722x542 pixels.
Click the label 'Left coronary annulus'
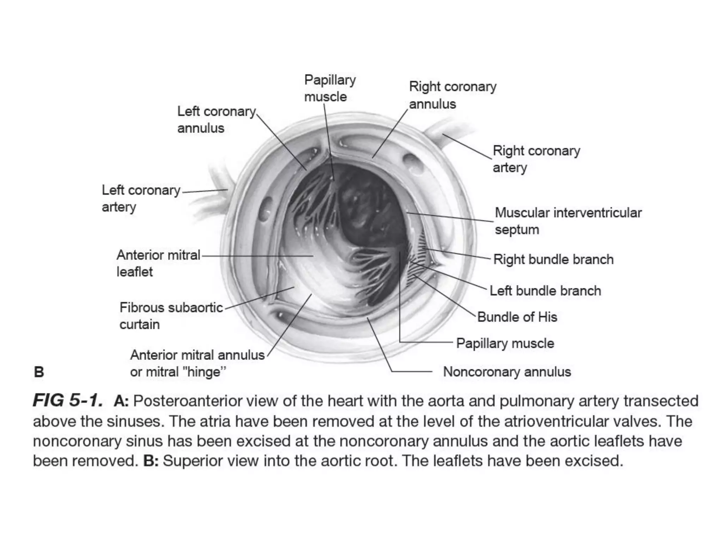(216, 120)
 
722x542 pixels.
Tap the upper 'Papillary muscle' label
(330, 88)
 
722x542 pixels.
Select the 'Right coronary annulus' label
(452, 95)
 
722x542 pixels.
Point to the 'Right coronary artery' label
(536, 159)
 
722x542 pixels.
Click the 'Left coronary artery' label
(141, 198)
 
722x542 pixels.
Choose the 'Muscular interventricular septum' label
(568, 221)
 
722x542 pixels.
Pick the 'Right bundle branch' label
(553, 259)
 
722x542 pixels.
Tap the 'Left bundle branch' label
(545, 291)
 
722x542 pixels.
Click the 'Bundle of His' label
(517, 317)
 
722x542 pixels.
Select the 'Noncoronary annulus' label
(507, 372)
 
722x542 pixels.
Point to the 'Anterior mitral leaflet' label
(158, 263)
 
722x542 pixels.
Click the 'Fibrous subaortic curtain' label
(171, 316)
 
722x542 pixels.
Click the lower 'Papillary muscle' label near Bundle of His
(505, 343)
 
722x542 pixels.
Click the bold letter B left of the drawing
(39, 372)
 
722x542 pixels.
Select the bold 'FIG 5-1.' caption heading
(68, 401)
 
